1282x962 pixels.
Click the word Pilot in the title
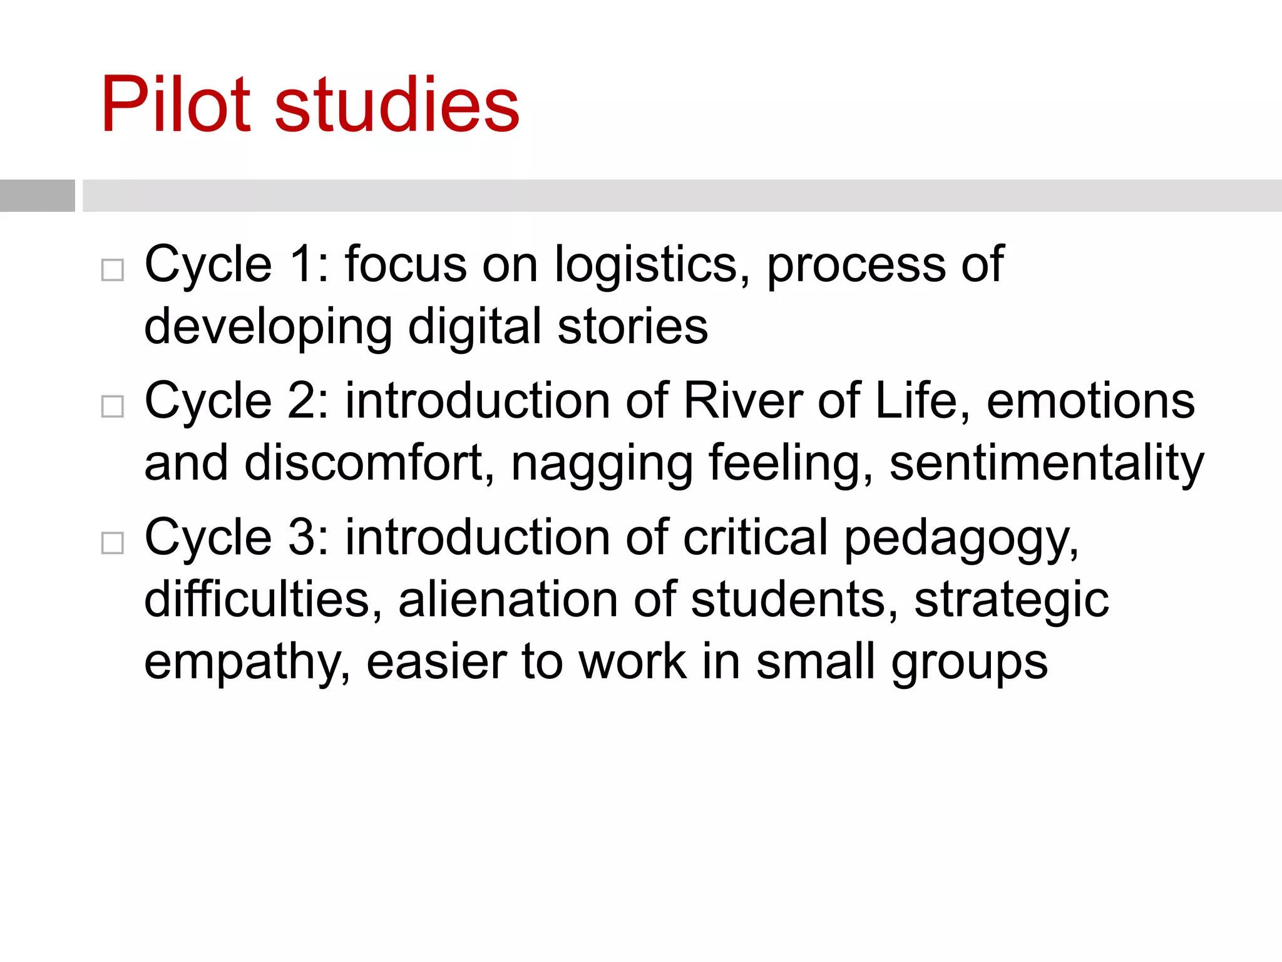click(176, 105)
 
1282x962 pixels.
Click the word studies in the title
click(397, 105)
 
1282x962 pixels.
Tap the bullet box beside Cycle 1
click(113, 270)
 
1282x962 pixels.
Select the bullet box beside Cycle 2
click(113, 406)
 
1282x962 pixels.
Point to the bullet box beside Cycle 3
click(113, 543)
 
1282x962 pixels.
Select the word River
click(742, 401)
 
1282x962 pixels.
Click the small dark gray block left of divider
click(38, 195)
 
